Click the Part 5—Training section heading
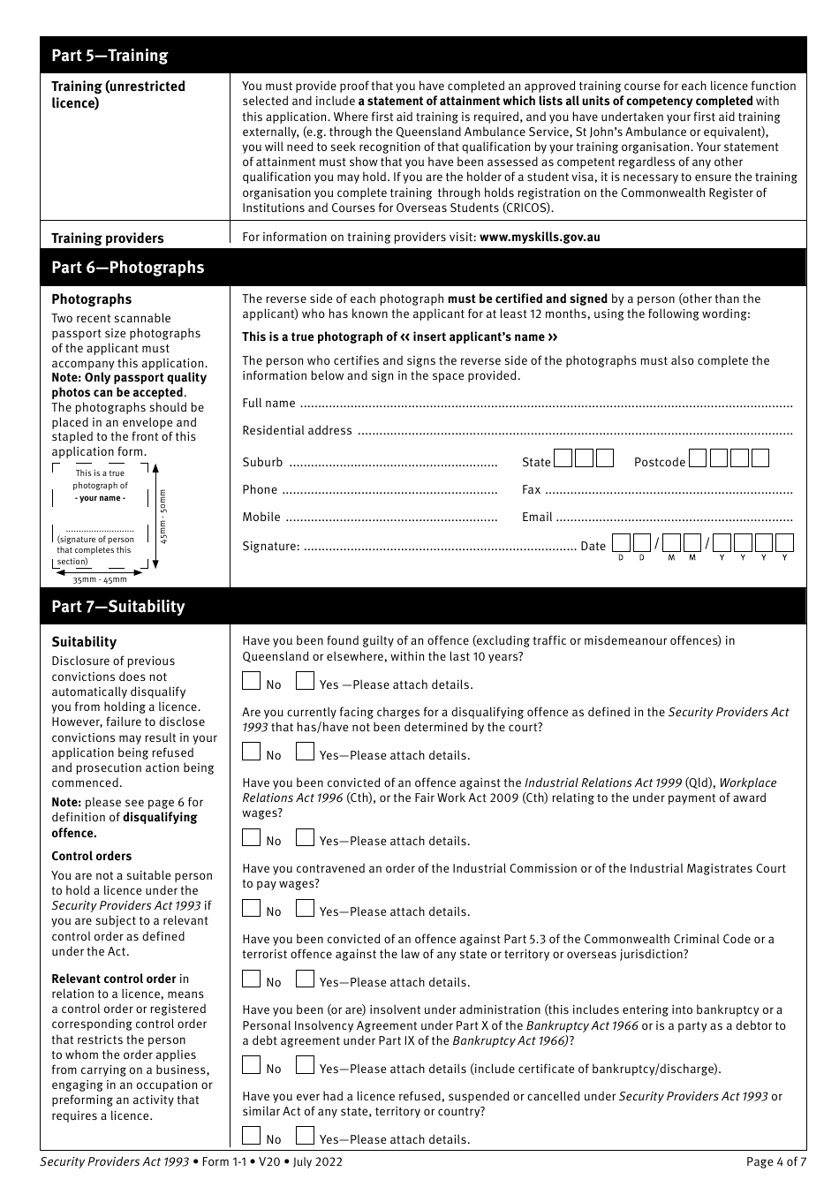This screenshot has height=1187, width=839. (110, 56)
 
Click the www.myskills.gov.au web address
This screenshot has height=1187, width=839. (540, 237)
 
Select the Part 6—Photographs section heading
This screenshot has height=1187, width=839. (127, 268)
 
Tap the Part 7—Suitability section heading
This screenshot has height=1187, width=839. (117, 607)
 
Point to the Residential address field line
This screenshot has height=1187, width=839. (575, 432)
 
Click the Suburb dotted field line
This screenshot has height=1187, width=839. (393, 464)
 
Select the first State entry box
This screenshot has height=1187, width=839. (563, 458)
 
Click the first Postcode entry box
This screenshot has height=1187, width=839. (698, 458)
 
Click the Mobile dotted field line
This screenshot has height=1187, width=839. (391, 518)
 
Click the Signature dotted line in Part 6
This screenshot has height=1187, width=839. (439, 548)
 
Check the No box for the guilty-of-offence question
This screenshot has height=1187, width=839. (252, 681)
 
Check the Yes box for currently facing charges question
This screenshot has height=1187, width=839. (305, 752)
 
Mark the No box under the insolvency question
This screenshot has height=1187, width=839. (252, 1065)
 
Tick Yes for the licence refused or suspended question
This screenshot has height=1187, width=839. (305, 1136)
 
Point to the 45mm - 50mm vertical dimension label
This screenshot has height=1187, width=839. (162, 516)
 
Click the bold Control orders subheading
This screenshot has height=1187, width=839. (91, 856)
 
